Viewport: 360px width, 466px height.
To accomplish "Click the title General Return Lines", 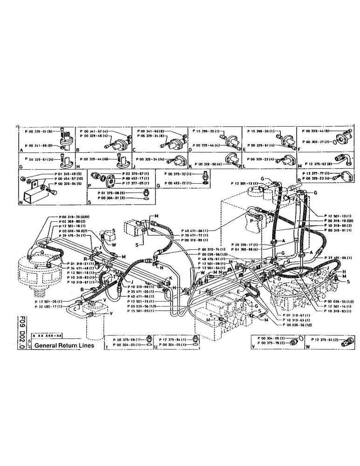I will tap(64, 346).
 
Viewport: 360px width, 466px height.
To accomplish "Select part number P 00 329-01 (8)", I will tap(40, 132).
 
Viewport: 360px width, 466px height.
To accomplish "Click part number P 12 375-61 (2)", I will tap(318, 339).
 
